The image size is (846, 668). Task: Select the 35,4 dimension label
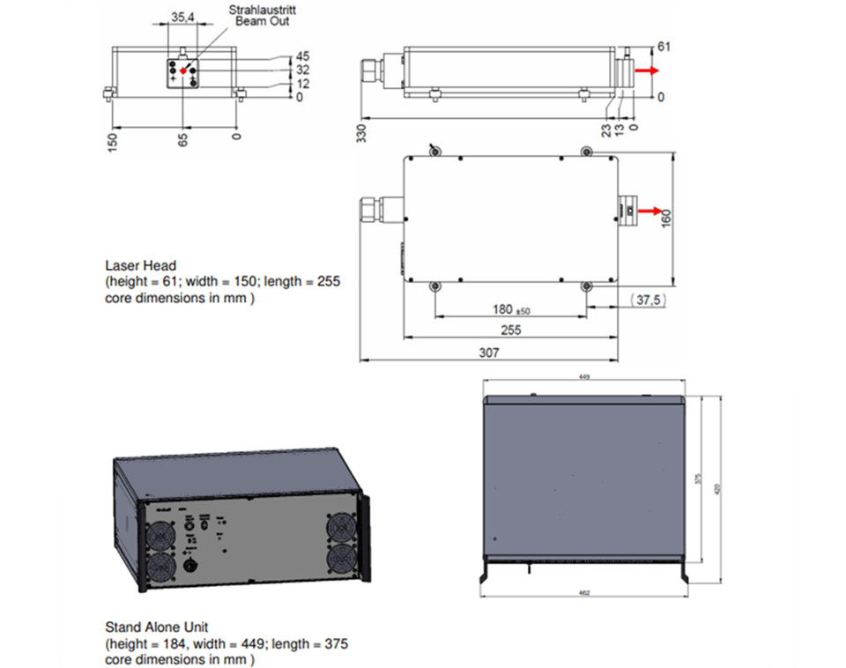click(183, 17)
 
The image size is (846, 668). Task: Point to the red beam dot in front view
click(183, 71)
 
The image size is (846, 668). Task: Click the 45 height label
click(302, 56)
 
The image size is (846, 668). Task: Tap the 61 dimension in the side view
click(664, 46)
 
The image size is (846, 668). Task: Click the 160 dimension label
click(666, 217)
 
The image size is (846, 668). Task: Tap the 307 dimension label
click(488, 353)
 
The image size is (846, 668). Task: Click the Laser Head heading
click(140, 264)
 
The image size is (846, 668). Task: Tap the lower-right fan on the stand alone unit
click(342, 560)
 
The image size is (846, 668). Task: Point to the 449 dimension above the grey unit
click(584, 376)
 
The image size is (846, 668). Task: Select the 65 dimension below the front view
click(183, 140)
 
